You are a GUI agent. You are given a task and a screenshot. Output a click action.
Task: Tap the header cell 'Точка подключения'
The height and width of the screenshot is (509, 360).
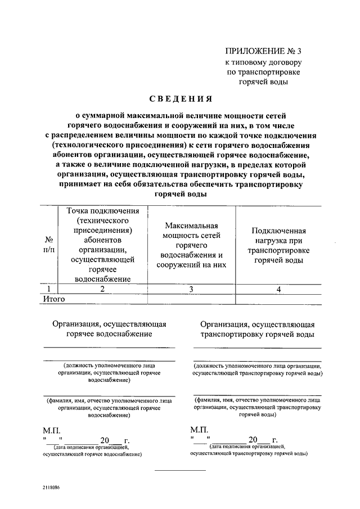[x=102, y=244]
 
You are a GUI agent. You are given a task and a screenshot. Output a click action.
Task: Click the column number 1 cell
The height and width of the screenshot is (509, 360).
[x=49, y=289]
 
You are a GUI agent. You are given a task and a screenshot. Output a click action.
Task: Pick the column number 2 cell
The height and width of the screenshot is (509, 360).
[x=102, y=289]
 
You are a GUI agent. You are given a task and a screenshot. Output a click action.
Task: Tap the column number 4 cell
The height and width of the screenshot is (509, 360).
[x=279, y=289]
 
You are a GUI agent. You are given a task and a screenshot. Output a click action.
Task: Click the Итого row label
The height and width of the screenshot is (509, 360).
[x=54, y=299]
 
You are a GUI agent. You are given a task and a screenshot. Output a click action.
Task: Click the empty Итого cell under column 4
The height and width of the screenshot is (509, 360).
[x=279, y=299]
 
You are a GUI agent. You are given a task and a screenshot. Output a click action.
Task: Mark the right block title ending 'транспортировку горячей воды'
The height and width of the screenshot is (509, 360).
[x=257, y=329]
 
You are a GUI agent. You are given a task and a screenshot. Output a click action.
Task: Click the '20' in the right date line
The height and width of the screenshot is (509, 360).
[x=254, y=439]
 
